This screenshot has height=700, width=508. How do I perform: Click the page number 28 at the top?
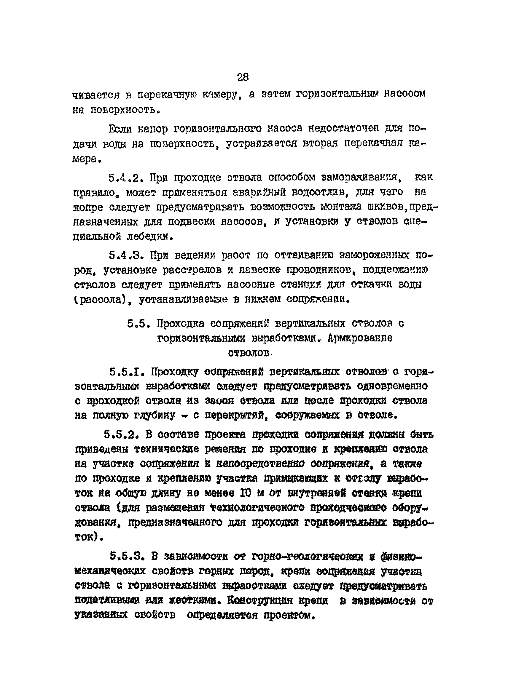[243, 77]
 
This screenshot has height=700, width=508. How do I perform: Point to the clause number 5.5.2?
[120, 435]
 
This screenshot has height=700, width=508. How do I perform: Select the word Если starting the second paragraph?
[120, 129]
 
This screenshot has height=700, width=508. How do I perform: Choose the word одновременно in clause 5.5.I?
[392, 386]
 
